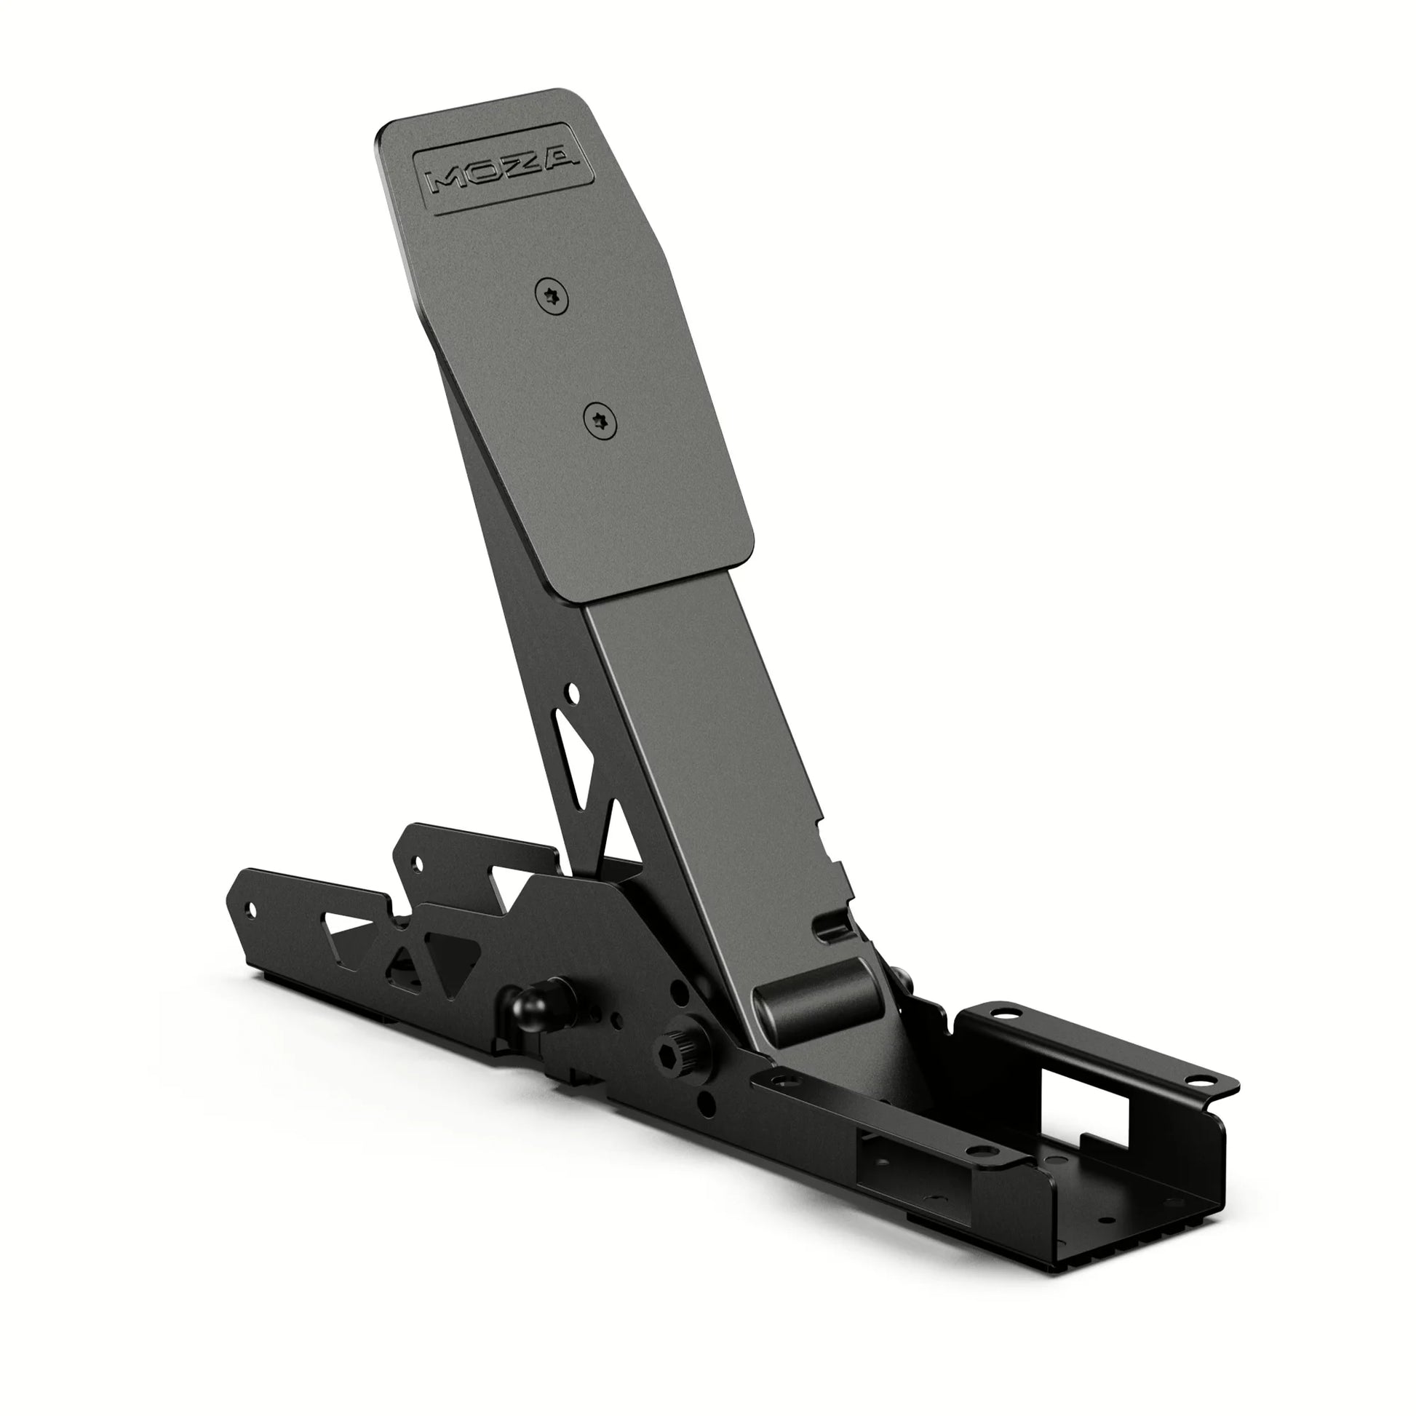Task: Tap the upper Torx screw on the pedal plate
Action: pos(551,297)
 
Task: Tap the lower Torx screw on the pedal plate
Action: pos(600,422)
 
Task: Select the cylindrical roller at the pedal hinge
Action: pos(818,999)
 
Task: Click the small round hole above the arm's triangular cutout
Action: pos(573,691)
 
